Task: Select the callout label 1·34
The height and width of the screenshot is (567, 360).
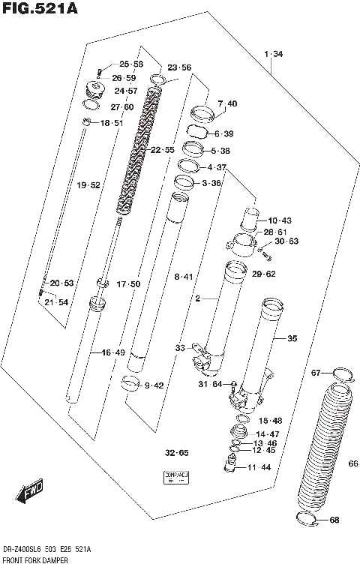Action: [x=273, y=53]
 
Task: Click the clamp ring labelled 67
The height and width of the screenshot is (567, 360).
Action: [x=340, y=373]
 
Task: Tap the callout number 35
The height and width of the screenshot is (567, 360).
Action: [x=292, y=339]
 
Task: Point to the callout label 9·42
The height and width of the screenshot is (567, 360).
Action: [x=154, y=385]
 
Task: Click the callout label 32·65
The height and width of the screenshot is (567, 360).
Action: [x=178, y=453]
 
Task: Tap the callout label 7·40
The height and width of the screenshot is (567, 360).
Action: [x=227, y=103]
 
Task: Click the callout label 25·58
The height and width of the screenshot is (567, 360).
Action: [x=130, y=64]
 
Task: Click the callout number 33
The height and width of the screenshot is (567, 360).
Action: [x=180, y=348]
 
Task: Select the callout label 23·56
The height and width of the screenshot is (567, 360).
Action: [x=179, y=67]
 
